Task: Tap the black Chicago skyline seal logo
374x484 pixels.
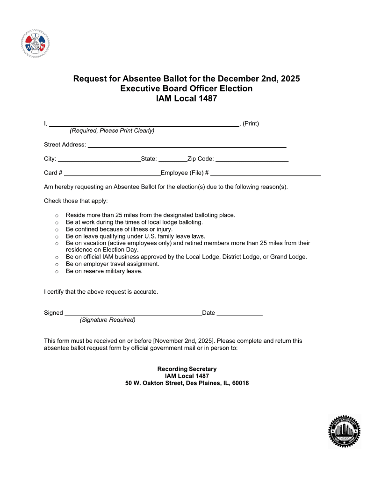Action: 345,431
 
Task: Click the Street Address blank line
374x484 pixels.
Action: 187,145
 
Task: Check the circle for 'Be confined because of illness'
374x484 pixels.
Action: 57,230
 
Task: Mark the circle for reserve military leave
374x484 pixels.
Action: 57,271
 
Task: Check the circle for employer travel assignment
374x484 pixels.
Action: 57,264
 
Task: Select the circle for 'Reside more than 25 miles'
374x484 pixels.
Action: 57,216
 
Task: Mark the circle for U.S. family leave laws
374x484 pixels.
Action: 57,237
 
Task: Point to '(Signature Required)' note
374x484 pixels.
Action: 108,320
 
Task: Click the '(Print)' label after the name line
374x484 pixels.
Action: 251,124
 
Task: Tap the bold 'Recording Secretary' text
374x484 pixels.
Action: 187,369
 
